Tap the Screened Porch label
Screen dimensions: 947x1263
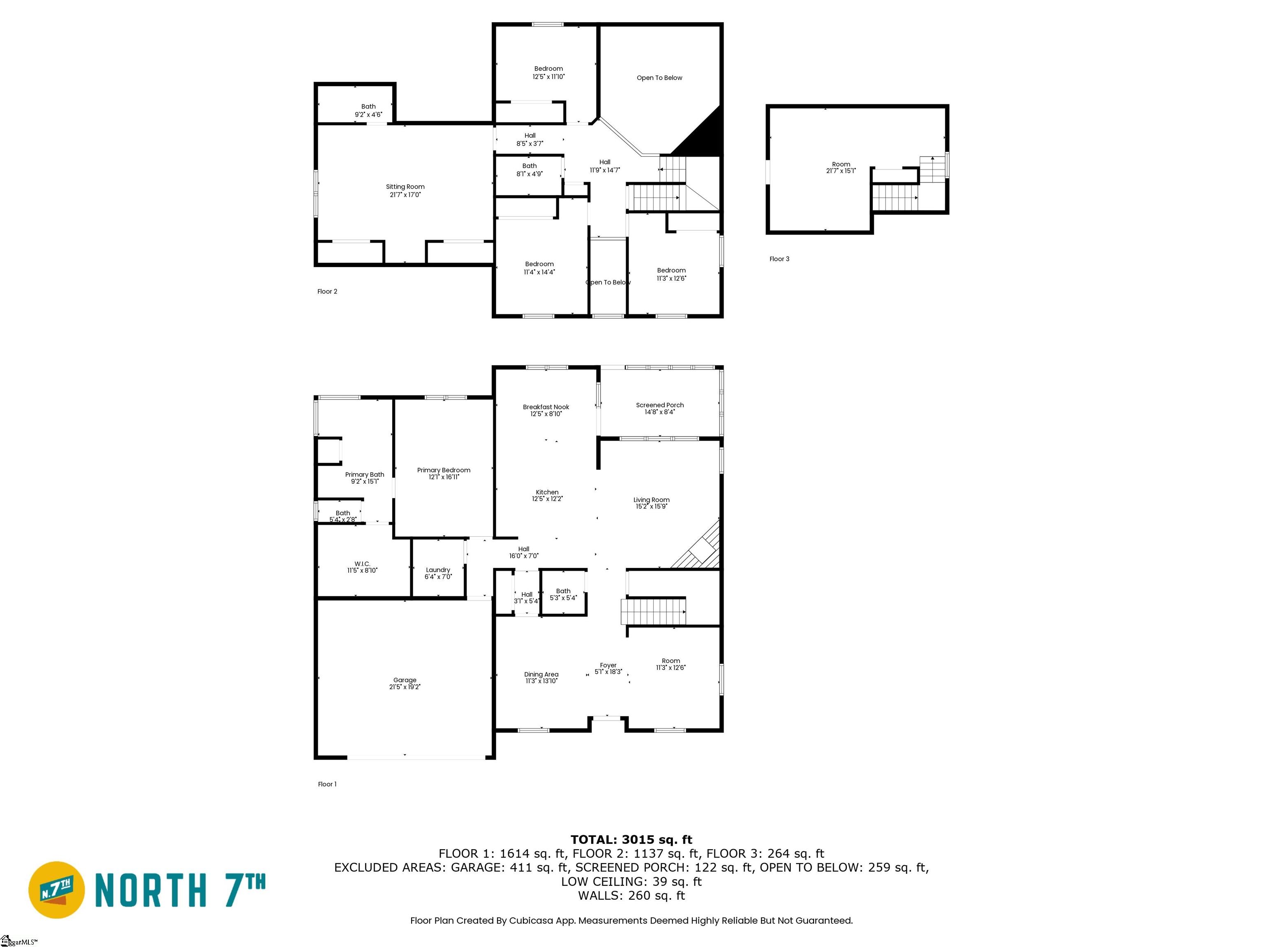tap(659, 405)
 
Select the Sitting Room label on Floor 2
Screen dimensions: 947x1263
tap(405, 187)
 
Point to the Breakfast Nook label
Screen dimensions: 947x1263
tap(546, 407)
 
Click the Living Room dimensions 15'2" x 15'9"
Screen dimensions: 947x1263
tap(651, 506)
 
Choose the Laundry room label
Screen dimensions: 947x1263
tap(438, 570)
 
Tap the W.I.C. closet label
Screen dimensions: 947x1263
tap(362, 564)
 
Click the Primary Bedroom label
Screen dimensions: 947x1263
tap(444, 470)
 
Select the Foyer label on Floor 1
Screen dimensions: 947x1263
tap(608, 665)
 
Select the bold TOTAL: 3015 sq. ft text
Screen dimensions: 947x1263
tap(631, 840)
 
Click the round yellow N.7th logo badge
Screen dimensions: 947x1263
tap(56, 890)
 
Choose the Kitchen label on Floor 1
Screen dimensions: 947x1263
tap(547, 492)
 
